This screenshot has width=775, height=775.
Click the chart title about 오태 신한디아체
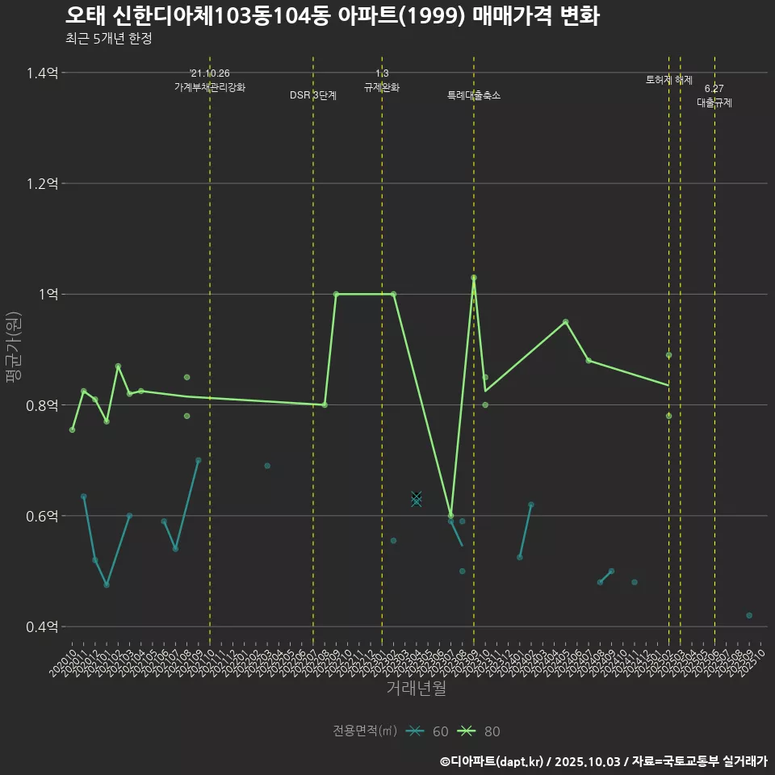point(332,16)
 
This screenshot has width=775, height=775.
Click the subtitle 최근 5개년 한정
point(108,39)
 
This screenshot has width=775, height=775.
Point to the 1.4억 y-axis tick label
point(42,73)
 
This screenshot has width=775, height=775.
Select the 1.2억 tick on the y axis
point(42,184)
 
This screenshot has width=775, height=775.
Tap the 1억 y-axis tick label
point(47,295)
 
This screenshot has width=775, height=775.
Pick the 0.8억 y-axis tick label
point(42,405)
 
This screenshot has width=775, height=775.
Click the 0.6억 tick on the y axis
point(42,516)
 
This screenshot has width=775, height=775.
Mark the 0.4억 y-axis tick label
point(42,626)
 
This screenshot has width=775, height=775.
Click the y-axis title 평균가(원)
point(14,350)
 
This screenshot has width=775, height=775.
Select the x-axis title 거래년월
point(416,688)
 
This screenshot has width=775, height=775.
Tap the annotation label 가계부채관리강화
point(210,87)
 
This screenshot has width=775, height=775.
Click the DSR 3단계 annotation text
point(313,95)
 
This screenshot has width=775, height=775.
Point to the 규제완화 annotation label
point(382,87)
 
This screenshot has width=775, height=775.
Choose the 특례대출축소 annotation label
point(474,95)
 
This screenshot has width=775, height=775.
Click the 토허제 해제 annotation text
point(669,80)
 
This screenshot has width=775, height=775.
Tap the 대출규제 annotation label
point(714,103)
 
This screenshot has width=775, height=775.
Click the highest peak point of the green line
point(474,278)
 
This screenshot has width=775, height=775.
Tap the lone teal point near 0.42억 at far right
point(749,615)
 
